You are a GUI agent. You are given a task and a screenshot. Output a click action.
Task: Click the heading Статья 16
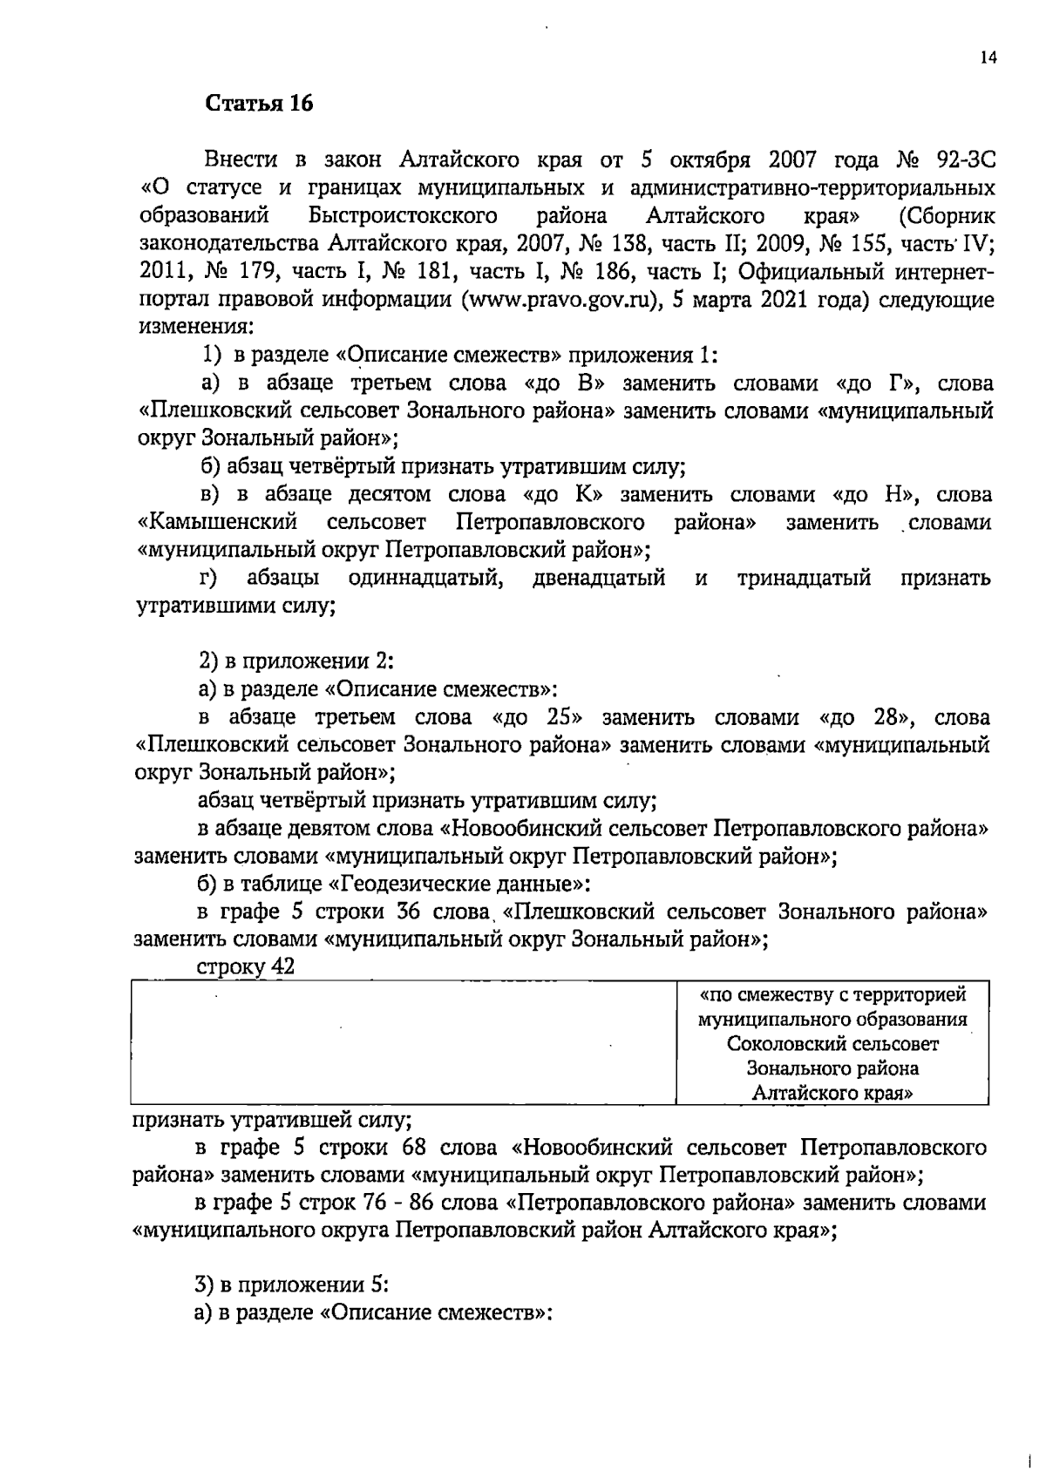(x=259, y=104)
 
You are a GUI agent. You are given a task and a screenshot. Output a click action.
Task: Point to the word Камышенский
(x=218, y=523)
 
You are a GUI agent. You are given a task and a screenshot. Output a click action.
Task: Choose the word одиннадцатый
(x=426, y=578)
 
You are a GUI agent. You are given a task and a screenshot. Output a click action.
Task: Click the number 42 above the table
(x=283, y=967)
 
